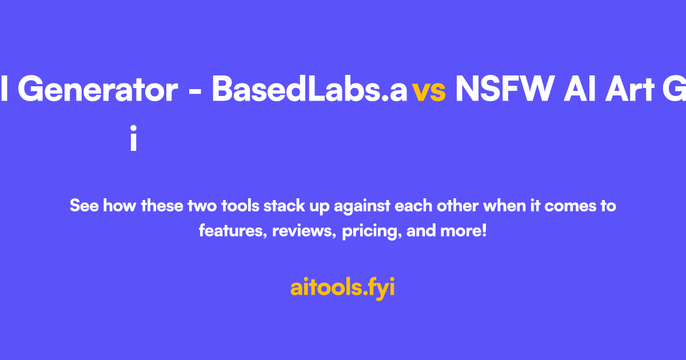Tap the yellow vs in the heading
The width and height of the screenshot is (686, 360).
(x=429, y=91)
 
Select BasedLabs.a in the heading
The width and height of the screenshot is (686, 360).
(x=309, y=90)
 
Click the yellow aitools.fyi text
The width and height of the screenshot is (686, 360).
(x=342, y=287)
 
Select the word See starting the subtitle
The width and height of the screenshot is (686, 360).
(x=83, y=206)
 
